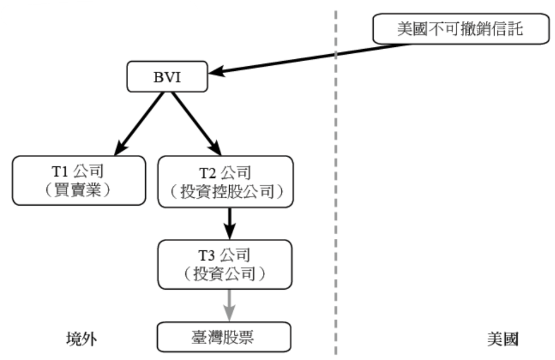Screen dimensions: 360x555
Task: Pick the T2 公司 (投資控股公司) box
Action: click(226, 181)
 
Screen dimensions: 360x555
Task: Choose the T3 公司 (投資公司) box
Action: click(225, 264)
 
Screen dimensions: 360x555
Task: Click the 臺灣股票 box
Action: click(224, 337)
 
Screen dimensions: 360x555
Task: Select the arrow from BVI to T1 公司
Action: click(139, 123)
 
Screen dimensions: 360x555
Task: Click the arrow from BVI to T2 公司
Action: click(195, 123)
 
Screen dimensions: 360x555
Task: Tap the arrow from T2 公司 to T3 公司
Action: click(229, 223)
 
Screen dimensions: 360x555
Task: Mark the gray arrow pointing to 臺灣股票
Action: click(229, 305)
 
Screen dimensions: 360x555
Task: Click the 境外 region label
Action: click(81, 339)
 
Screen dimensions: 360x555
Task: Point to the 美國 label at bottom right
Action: click(503, 339)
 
